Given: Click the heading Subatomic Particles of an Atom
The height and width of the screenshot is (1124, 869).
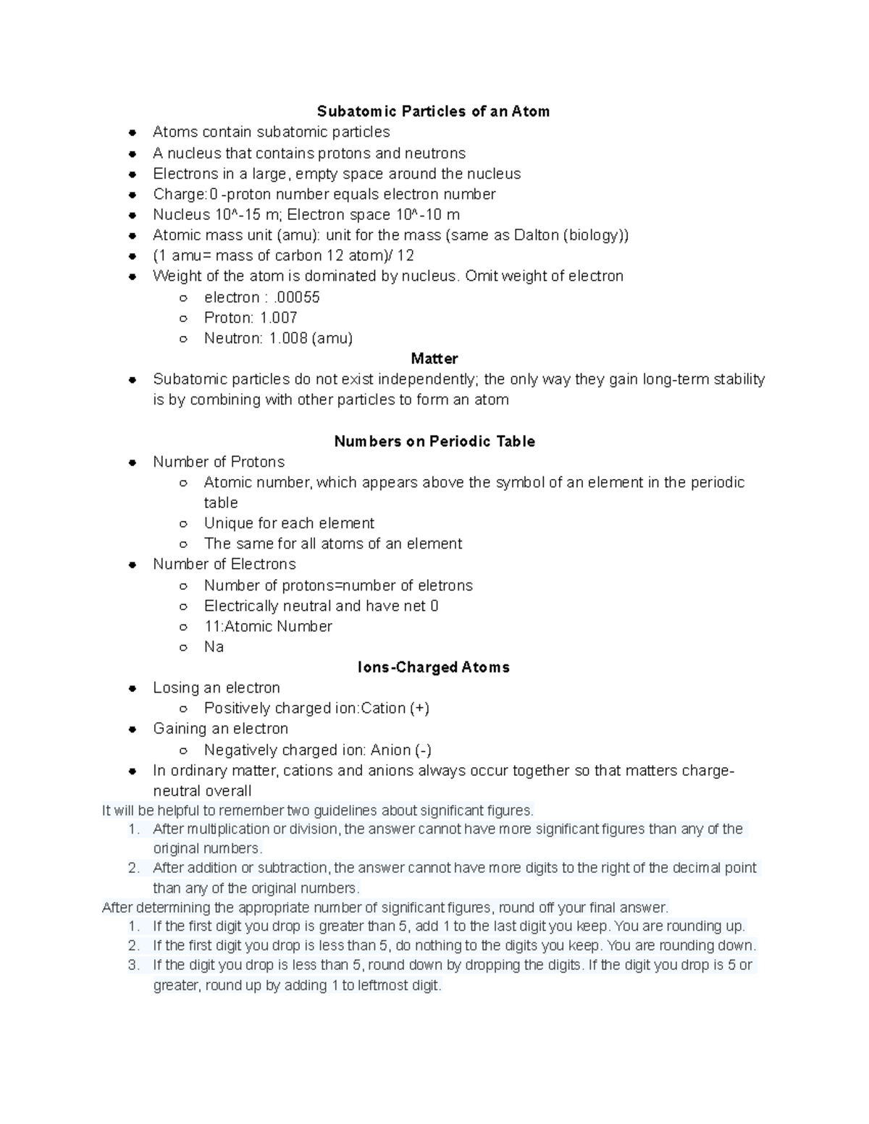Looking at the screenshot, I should pyautogui.click(x=433, y=111).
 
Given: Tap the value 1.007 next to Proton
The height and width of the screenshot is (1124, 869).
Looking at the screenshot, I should pyautogui.click(x=278, y=318).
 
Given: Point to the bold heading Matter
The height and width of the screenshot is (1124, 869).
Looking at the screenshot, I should pyautogui.click(x=434, y=358).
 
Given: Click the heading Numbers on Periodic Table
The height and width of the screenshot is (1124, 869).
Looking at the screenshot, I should pyautogui.click(x=434, y=441).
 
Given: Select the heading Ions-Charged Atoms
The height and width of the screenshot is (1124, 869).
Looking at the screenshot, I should pyautogui.click(x=434, y=667).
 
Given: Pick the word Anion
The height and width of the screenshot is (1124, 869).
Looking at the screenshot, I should pyautogui.click(x=391, y=751).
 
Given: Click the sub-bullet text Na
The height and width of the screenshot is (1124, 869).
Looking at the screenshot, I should pyautogui.click(x=214, y=647).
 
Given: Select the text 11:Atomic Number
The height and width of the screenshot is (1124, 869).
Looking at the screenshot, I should pyautogui.click(x=268, y=627).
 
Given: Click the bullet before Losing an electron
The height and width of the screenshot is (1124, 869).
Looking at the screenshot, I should pyautogui.click(x=133, y=689).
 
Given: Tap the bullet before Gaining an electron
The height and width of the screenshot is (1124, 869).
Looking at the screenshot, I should pyautogui.click(x=133, y=730).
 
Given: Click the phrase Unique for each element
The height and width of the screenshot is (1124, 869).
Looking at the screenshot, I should pyautogui.click(x=289, y=523).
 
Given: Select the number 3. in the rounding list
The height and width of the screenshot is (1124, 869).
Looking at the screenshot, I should pyautogui.click(x=133, y=965).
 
